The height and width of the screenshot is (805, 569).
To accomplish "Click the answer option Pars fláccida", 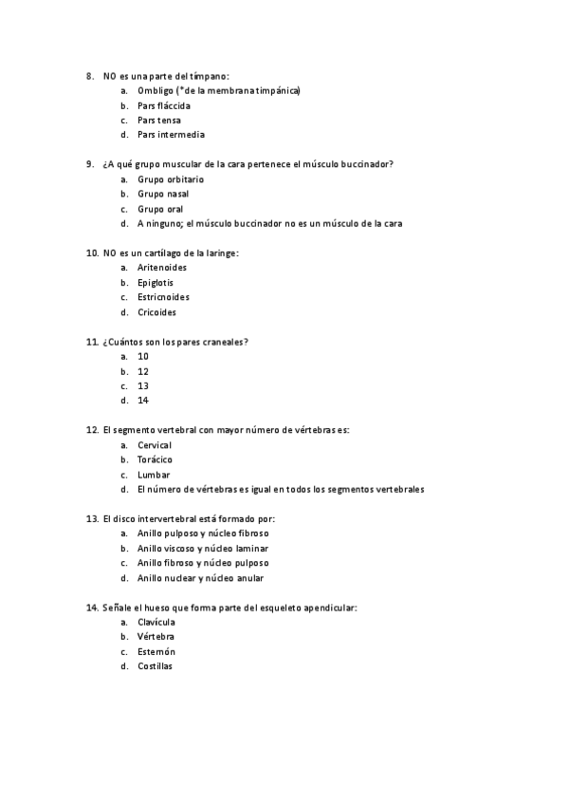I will (163, 105).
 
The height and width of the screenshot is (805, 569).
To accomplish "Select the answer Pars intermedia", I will (170, 135).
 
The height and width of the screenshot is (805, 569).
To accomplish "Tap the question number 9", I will (89, 164).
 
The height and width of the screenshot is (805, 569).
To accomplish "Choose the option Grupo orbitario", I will (170, 179).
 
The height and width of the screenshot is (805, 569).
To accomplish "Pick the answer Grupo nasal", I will (162, 194).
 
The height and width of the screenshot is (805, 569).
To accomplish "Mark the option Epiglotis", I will (156, 282).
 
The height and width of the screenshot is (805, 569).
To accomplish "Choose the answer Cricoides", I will (156, 312).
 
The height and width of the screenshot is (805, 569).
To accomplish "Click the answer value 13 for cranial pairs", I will (142, 386).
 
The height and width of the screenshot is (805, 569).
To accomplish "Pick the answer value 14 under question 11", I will (142, 401).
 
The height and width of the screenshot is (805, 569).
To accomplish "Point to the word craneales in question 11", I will (224, 342).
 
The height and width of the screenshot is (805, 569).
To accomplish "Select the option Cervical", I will (154, 445).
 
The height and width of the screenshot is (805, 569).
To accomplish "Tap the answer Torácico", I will (155, 459).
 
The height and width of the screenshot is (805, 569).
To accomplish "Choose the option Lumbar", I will (153, 475).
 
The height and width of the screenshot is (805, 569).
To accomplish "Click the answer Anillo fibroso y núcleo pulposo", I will (202, 563).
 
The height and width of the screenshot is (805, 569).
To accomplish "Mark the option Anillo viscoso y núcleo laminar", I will (202, 549).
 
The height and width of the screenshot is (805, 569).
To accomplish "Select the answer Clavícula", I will (156, 622).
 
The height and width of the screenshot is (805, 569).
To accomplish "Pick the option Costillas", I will (155, 666).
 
